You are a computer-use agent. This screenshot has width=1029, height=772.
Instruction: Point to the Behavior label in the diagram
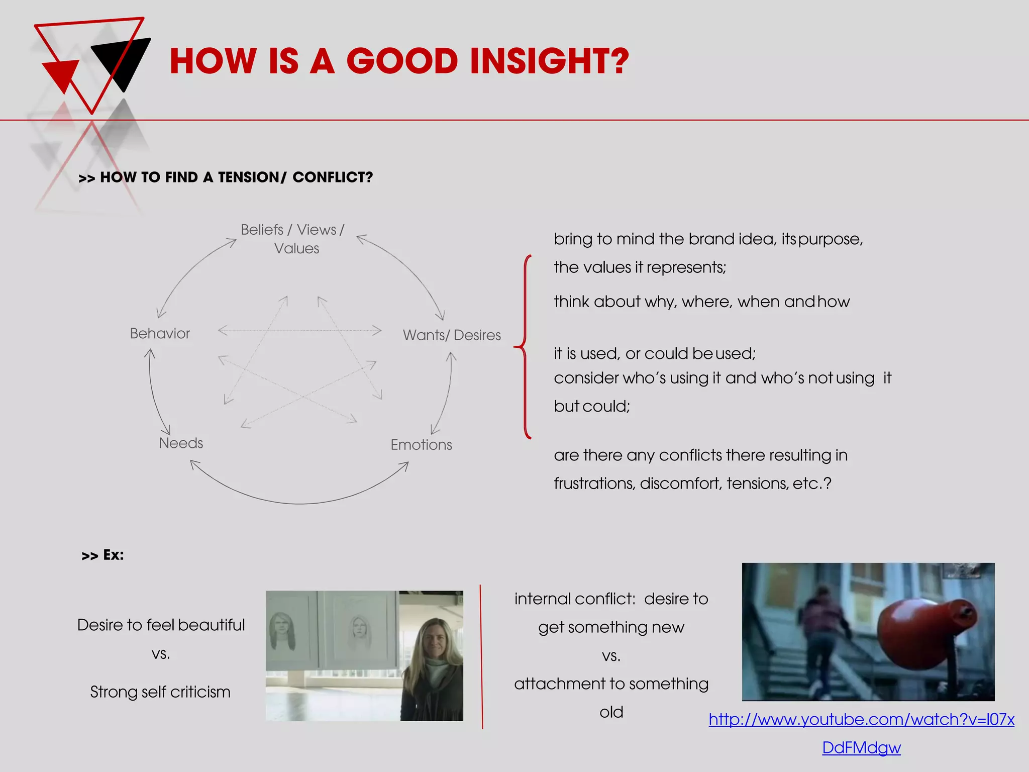[160, 334]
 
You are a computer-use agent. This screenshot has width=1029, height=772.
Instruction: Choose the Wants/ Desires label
[452, 335]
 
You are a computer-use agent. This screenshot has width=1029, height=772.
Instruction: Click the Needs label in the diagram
[181, 443]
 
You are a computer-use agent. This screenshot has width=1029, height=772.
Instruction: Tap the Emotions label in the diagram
[421, 445]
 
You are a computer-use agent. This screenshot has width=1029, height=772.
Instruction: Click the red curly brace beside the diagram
[524, 347]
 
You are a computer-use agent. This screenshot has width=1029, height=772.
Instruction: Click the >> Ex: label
[102, 555]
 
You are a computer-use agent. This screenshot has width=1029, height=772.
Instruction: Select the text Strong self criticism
[160, 692]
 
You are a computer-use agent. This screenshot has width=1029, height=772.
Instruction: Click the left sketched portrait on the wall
[283, 631]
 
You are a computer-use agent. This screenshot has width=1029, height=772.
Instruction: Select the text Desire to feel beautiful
[161, 625]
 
